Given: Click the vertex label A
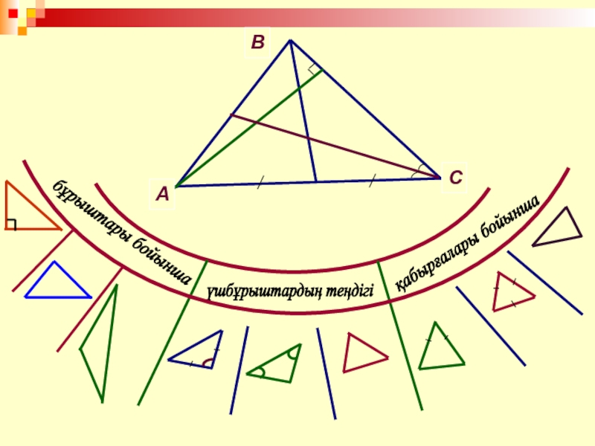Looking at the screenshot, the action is [x=162, y=195].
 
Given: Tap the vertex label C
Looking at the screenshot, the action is [x=455, y=178].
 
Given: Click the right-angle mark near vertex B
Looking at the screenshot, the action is [x=315, y=71].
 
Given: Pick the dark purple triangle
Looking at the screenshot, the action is [x=559, y=226].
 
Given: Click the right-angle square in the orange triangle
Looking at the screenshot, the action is [x=10, y=224].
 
